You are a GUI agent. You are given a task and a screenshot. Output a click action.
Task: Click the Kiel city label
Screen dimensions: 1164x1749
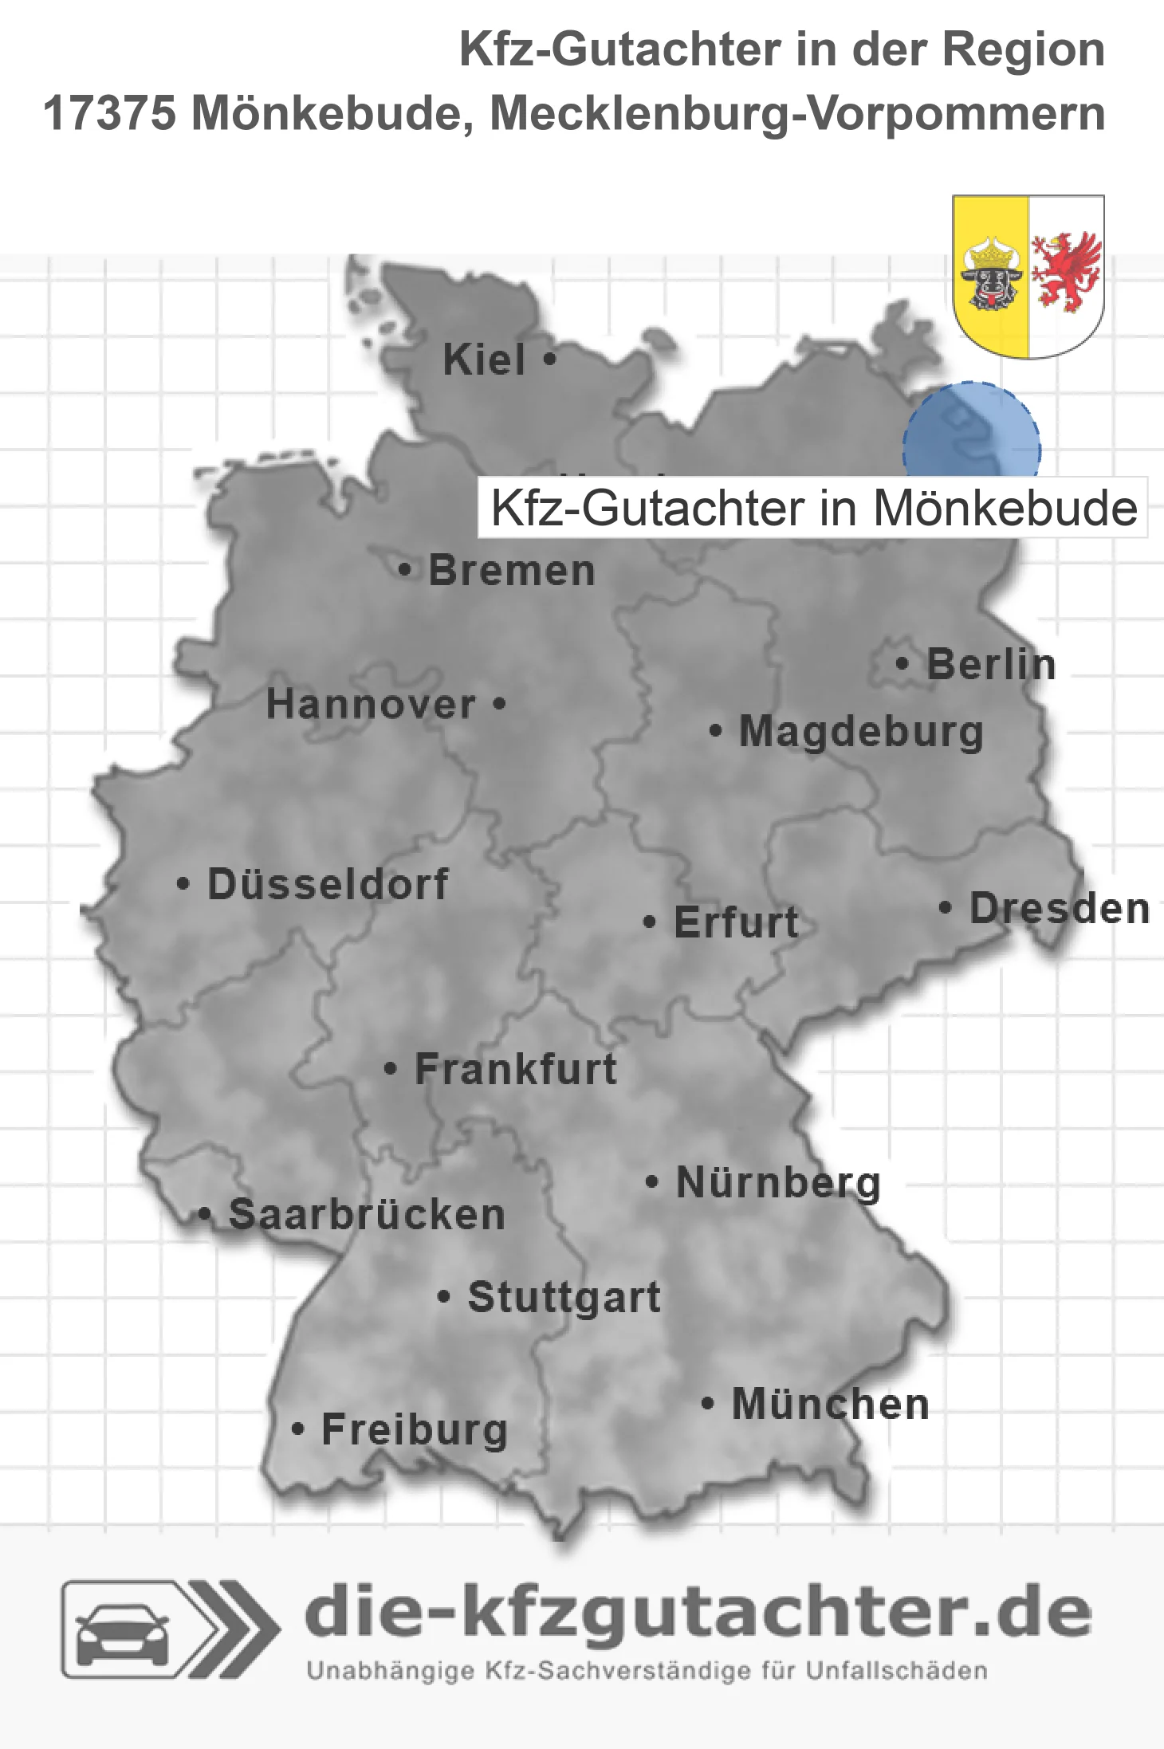click(x=484, y=360)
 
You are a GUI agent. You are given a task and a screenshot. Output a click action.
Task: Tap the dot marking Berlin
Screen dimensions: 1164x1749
click(x=902, y=663)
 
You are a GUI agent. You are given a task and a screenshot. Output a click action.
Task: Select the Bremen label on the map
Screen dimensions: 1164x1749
click(x=512, y=571)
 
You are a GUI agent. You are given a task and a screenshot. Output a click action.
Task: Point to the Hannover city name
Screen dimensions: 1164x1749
click(x=371, y=704)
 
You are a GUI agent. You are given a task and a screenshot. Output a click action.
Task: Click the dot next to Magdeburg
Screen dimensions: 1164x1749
click(x=715, y=730)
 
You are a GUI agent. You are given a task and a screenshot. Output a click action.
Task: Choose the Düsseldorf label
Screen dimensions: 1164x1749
click(x=328, y=884)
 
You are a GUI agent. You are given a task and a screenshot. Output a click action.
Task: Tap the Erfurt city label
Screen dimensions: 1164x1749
click(x=736, y=922)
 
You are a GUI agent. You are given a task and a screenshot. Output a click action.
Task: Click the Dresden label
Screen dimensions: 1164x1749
click(x=1060, y=908)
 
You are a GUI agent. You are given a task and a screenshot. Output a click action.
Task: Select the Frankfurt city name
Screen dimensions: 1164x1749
click(x=516, y=1069)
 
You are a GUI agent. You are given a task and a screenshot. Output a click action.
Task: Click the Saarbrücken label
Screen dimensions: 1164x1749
click(x=367, y=1215)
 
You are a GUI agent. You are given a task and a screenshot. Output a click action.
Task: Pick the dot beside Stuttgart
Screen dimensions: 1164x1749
click(x=444, y=1297)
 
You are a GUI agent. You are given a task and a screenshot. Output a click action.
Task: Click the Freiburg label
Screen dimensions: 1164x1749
click(x=415, y=1429)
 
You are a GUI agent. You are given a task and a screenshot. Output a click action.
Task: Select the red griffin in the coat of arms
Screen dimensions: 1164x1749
click(x=1066, y=271)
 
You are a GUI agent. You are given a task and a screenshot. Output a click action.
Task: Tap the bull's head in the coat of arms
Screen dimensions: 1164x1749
click(x=991, y=279)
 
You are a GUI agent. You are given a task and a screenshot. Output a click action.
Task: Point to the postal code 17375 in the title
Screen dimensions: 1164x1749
click(x=109, y=113)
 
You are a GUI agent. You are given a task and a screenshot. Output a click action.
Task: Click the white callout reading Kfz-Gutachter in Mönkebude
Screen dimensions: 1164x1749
click(x=812, y=508)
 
